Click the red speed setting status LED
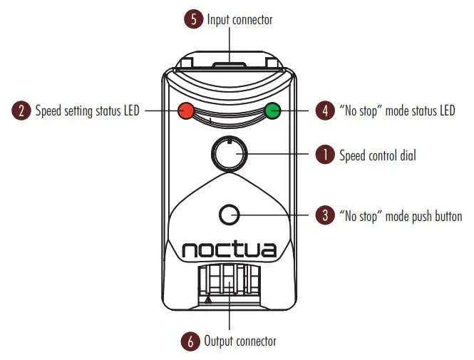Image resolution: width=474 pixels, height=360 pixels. (x=187, y=110)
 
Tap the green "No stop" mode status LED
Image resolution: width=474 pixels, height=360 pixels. (x=272, y=110)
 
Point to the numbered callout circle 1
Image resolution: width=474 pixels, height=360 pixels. (x=325, y=155)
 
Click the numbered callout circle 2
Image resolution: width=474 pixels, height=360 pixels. (x=21, y=110)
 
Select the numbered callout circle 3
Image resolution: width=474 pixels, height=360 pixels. (x=325, y=215)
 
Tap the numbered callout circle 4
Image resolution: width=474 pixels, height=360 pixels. (x=325, y=110)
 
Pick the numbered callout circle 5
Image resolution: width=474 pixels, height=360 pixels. (x=194, y=20)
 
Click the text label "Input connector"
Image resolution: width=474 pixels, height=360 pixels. (x=239, y=20)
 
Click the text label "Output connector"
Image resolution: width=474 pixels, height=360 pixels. (x=240, y=341)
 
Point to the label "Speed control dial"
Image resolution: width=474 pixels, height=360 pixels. (x=379, y=155)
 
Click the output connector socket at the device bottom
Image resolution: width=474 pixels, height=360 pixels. (x=229, y=284)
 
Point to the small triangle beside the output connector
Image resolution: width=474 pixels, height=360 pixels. (x=208, y=300)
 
